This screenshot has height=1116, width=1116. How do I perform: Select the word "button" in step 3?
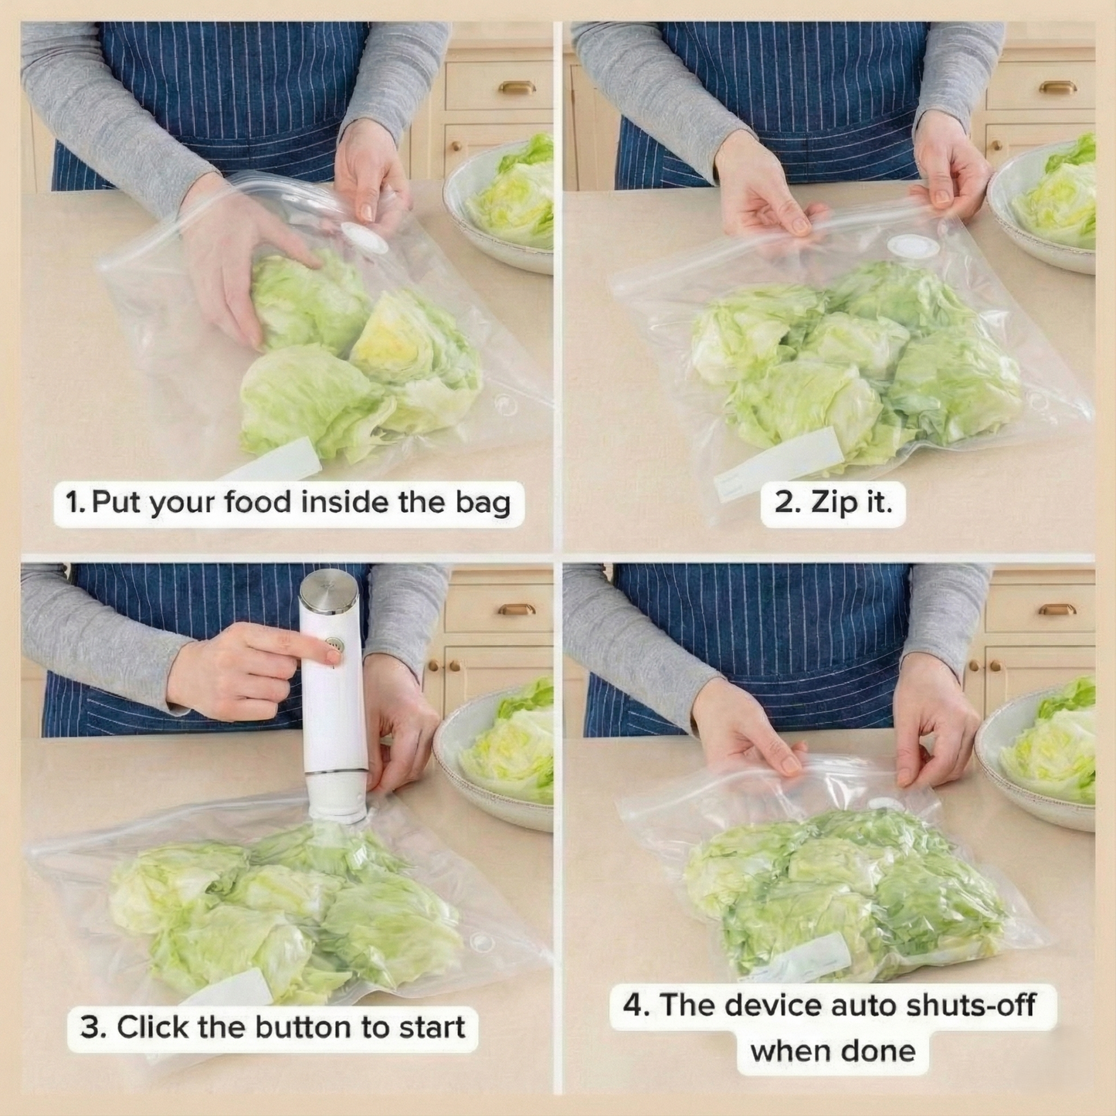coord(304,1027)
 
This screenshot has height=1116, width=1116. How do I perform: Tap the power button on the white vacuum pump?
coord(334,643)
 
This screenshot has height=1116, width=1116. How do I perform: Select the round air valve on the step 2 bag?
coord(913,246)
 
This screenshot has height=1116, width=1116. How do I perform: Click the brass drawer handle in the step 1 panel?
coord(517,86)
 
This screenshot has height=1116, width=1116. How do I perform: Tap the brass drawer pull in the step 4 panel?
coord(1057,609)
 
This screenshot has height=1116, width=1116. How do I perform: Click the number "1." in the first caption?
coord(76,503)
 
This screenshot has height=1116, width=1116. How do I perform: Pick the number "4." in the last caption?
coord(636,1006)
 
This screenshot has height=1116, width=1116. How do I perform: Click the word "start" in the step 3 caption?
coord(432,1027)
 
